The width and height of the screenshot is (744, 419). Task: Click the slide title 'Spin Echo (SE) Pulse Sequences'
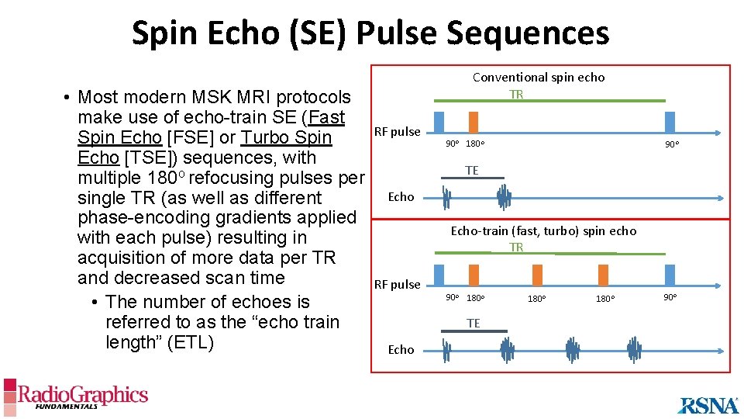(x=370, y=33)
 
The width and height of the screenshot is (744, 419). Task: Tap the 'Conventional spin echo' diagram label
(x=539, y=78)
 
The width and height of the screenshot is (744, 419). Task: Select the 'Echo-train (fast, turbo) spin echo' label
(x=543, y=230)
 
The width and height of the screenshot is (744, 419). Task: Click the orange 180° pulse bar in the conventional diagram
(x=474, y=123)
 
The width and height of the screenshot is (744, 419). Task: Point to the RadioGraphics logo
(x=75, y=396)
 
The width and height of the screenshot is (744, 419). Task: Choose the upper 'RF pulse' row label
(x=397, y=132)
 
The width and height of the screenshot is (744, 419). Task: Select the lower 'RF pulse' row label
(x=397, y=285)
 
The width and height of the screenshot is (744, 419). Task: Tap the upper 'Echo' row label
(x=401, y=197)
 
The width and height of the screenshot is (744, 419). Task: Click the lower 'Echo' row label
(x=401, y=350)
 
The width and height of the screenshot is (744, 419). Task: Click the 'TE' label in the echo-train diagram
(x=473, y=323)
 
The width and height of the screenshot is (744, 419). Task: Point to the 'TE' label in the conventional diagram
(x=471, y=170)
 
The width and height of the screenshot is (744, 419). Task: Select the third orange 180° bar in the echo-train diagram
(x=604, y=275)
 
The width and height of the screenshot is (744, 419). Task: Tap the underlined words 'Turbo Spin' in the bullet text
(x=286, y=138)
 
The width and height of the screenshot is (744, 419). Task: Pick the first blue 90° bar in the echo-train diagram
(x=439, y=275)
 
